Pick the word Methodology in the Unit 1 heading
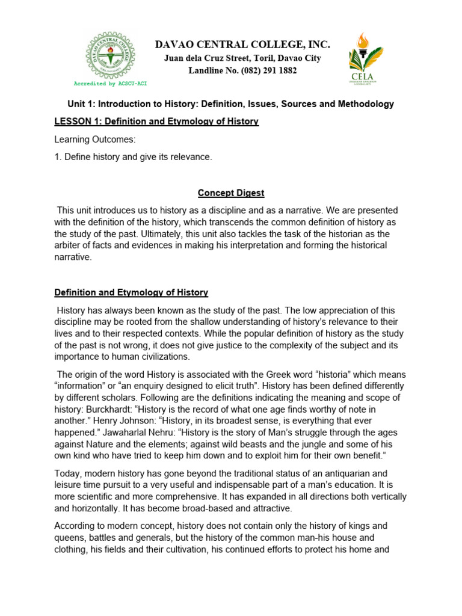click(x=366, y=104)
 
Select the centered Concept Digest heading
click(x=232, y=193)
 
